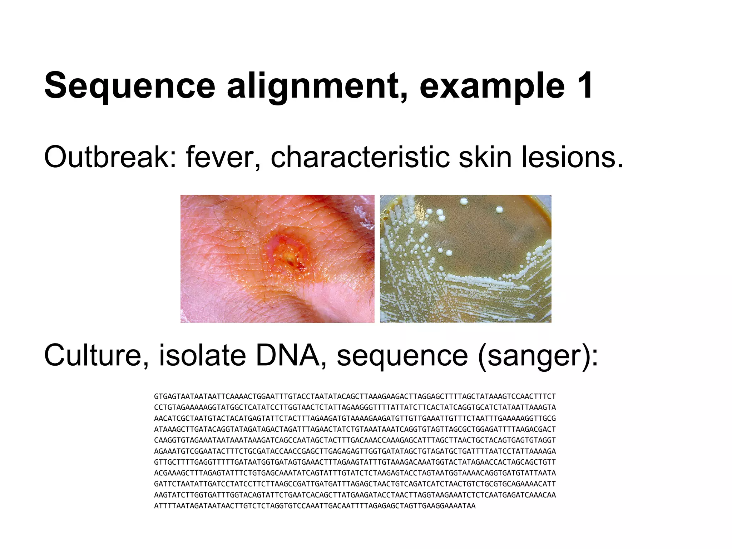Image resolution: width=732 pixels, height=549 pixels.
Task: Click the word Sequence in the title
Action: click(x=129, y=86)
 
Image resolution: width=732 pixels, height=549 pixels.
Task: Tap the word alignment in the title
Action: click(x=317, y=86)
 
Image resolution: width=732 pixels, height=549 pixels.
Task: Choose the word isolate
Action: click(x=202, y=355)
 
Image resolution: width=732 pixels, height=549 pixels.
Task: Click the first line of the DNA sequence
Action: click(x=355, y=396)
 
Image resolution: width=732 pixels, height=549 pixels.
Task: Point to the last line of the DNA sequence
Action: click(x=315, y=506)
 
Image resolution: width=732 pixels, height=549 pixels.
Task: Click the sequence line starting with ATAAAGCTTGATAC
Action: click(x=355, y=429)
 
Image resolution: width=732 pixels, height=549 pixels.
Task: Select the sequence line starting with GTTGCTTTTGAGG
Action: click(x=355, y=462)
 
